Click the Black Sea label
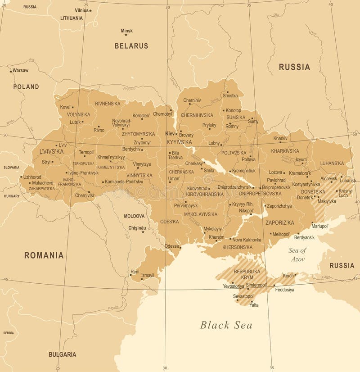pos(226,325)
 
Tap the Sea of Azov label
pos(297,255)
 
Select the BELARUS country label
pos(131,46)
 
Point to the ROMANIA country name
pos(44,255)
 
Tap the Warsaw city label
pos(20,70)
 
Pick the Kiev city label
pos(170,134)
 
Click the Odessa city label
pos(171,246)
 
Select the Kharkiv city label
pos(280,138)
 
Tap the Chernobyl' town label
pos(162,114)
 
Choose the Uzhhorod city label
pos(32,177)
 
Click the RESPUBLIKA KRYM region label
pos(247,274)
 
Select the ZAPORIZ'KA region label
pos(279,222)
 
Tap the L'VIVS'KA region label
pos(51,152)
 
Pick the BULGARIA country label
pos(62,354)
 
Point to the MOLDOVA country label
pos(135,216)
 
